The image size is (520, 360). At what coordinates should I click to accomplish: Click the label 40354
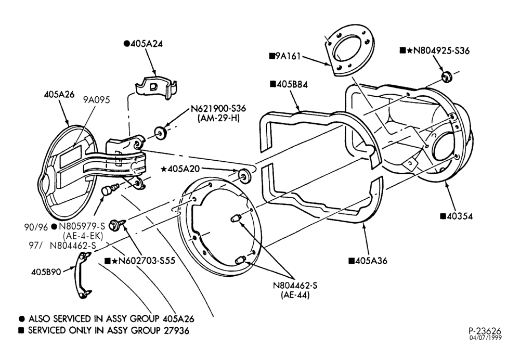460,216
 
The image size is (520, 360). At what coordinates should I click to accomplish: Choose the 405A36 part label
371,261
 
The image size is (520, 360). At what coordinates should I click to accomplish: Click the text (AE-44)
295,295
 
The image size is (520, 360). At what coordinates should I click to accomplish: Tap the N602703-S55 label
147,261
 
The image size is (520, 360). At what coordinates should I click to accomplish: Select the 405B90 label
46,272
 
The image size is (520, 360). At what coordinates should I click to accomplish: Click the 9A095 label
97,100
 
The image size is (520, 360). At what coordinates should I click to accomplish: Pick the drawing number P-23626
485,331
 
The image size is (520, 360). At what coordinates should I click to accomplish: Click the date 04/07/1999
485,338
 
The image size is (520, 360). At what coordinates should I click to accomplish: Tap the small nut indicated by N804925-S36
447,76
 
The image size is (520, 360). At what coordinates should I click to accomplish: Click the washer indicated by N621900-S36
161,133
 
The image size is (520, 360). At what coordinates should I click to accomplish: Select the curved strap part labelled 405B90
83,275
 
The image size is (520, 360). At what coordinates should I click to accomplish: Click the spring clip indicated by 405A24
156,87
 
